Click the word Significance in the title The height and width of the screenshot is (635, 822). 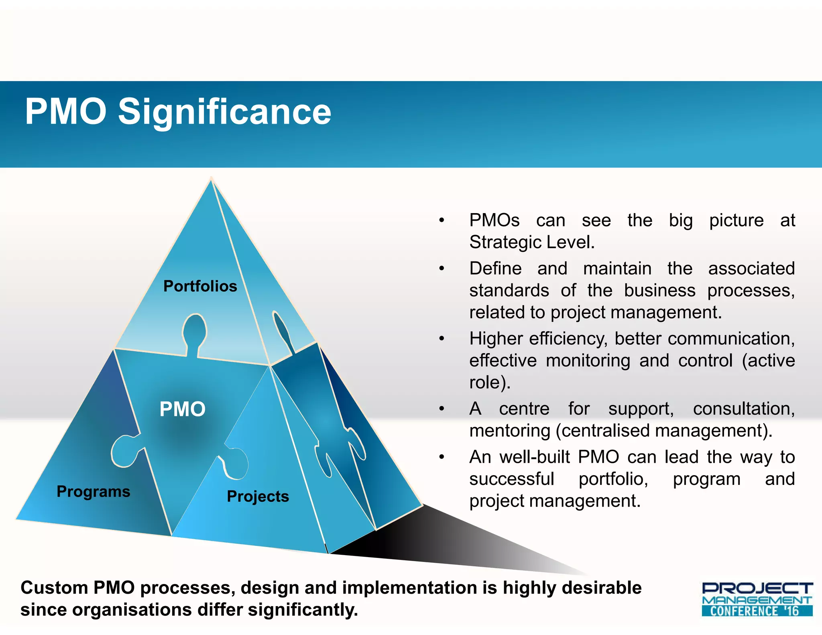click(x=224, y=112)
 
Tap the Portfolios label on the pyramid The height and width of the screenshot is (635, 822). click(x=200, y=286)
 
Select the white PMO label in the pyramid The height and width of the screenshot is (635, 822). click(x=182, y=409)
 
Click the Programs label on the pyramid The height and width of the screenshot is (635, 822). click(x=93, y=492)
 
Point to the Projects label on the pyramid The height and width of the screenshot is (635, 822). click(x=258, y=497)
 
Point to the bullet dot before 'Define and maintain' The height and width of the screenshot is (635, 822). click(x=442, y=269)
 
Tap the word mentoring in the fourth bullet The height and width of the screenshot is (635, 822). click(x=510, y=431)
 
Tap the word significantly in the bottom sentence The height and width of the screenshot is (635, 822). click(x=303, y=610)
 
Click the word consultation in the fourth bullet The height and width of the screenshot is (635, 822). click(x=743, y=409)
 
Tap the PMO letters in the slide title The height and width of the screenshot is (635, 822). click(x=66, y=112)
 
